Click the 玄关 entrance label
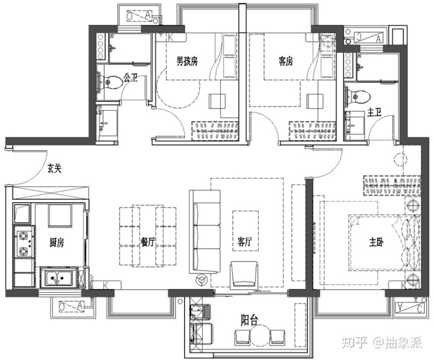point(54,168)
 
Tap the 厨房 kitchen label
point(57,243)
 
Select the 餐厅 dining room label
point(147,242)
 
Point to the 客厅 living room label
point(245,242)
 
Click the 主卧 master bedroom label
point(376,242)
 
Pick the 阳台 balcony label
point(250,320)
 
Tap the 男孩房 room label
point(187,61)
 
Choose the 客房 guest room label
point(286,61)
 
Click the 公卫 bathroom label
point(131,78)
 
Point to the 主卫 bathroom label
point(374,112)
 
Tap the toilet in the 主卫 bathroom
point(358,96)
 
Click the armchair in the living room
point(244,275)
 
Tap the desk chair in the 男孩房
point(217,102)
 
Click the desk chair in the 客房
point(315,102)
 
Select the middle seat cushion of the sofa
point(207,237)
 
